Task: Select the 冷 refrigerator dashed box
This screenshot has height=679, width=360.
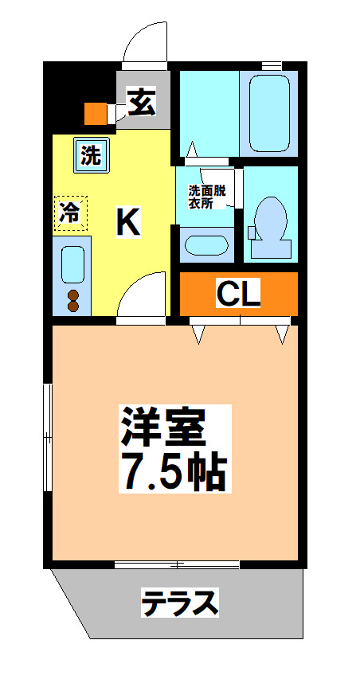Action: tap(71, 213)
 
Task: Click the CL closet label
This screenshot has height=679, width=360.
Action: tap(239, 295)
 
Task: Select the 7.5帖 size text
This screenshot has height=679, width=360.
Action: tap(174, 471)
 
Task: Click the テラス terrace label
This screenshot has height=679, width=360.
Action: tap(180, 603)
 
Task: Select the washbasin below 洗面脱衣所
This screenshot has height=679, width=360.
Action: tap(205, 245)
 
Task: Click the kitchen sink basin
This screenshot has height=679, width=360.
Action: tap(72, 263)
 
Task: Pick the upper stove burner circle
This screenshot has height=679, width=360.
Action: tap(73, 295)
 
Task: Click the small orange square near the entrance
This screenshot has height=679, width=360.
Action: tap(95, 114)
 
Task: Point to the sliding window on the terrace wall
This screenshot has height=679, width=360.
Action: tap(176, 564)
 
